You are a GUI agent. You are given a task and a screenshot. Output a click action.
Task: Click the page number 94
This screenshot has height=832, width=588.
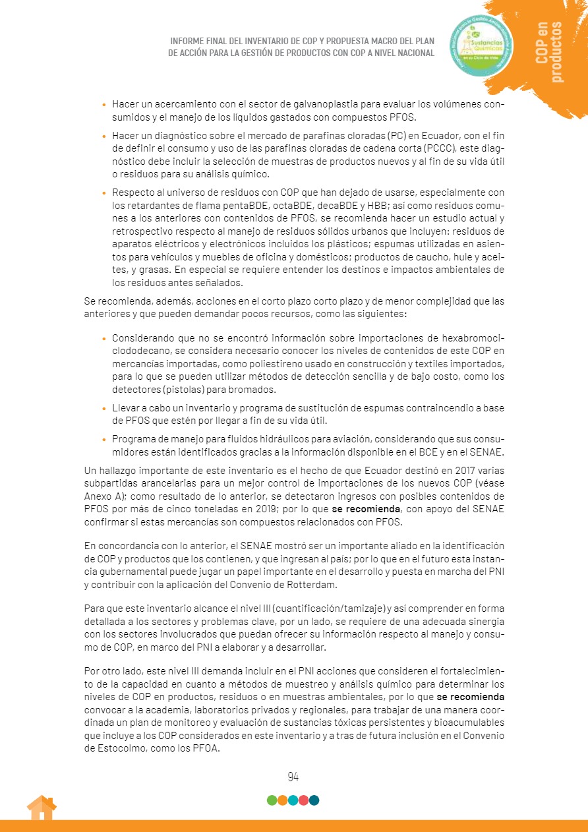[293, 776]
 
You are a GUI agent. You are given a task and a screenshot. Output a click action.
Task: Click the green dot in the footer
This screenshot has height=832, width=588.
[272, 800]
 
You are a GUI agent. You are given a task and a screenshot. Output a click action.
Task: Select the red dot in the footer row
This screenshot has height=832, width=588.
[303, 800]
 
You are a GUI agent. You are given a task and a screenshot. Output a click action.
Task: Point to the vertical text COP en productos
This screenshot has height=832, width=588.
[550, 51]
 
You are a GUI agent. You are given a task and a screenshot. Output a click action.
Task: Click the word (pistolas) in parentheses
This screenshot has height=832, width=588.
[196, 390]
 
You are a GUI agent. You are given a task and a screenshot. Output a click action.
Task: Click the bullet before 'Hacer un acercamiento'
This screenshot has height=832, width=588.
[103, 105]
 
